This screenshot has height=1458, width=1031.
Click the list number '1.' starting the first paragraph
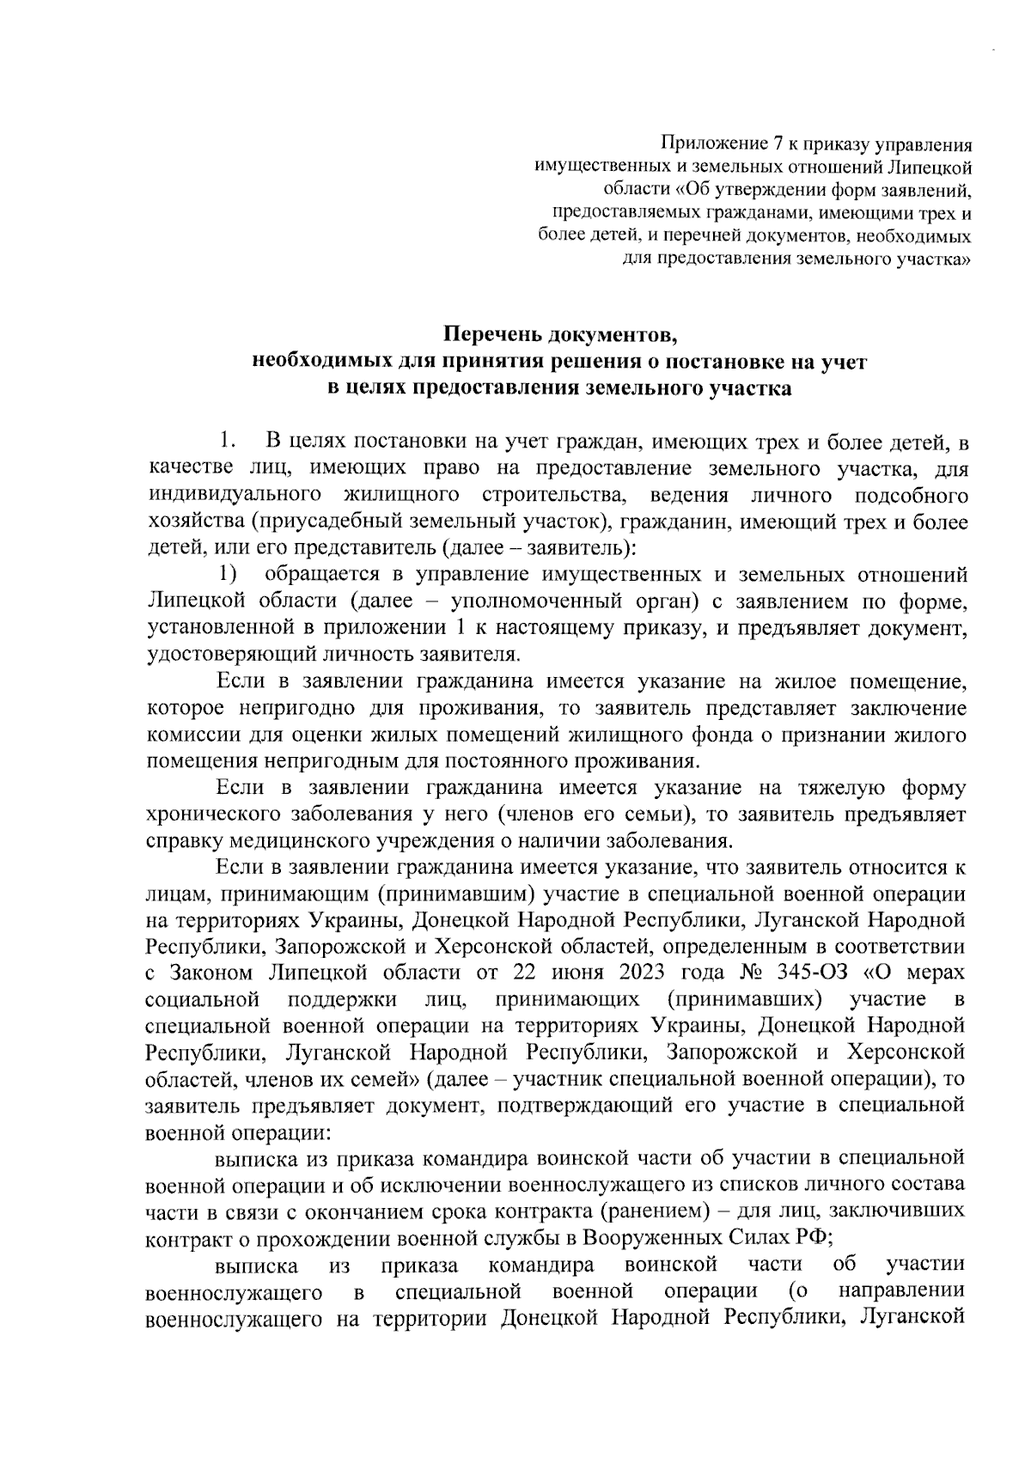[226, 442]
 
